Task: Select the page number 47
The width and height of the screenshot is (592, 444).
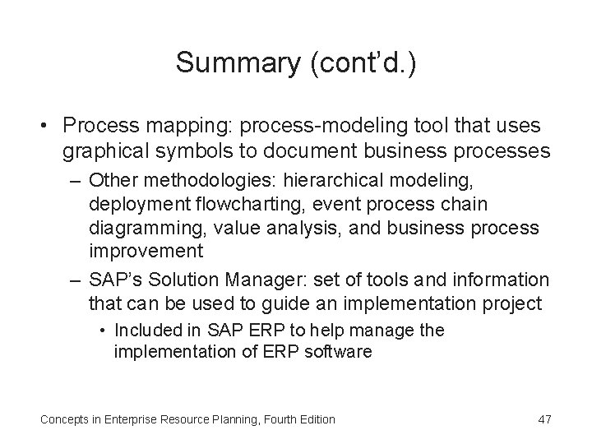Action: [543, 419]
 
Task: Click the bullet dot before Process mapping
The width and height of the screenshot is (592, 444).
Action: [48, 125]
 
